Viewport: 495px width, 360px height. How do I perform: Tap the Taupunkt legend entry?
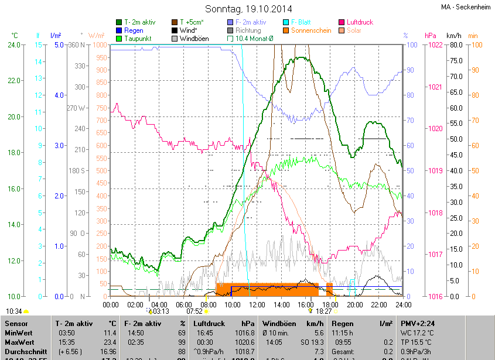point(138,39)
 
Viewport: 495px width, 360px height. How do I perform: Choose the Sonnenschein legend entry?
point(312,30)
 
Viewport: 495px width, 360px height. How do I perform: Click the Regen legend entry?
point(134,30)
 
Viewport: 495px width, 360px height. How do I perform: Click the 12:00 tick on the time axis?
point(257,304)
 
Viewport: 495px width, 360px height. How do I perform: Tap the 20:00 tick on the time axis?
point(355,304)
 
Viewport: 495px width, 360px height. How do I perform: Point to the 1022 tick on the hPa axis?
point(434,45)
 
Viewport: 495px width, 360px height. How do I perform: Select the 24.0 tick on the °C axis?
point(14,45)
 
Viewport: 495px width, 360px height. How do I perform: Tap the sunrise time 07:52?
point(194,311)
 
